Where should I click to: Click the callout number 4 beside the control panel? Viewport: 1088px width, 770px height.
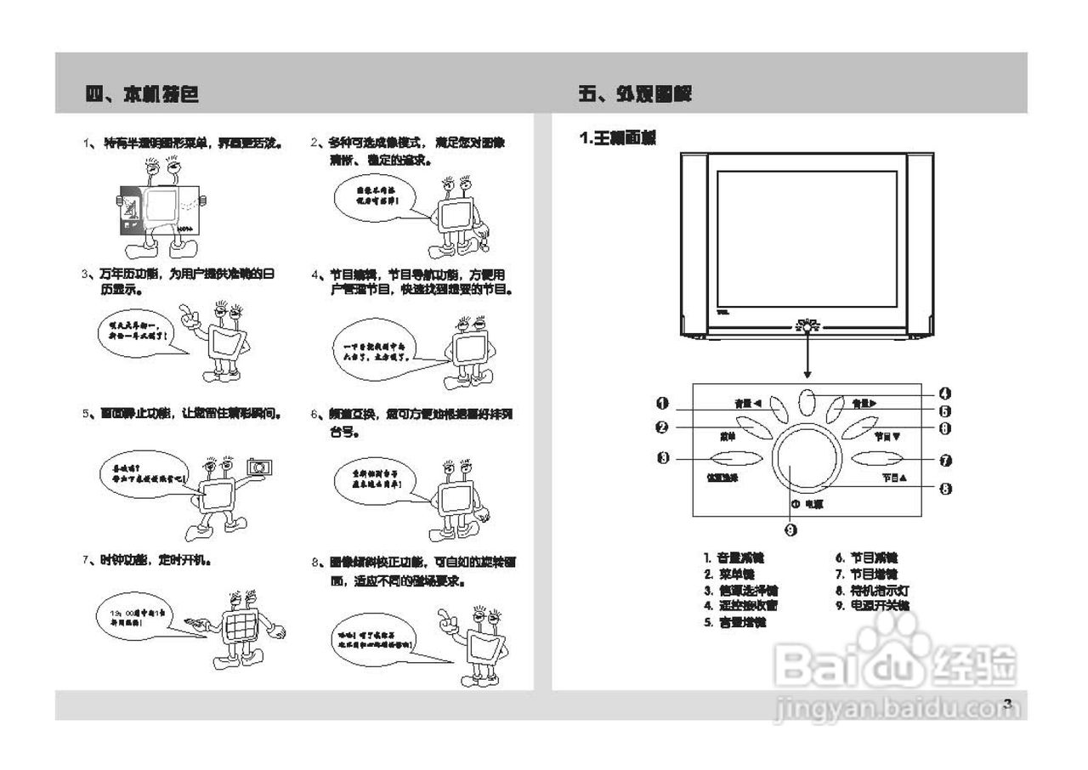(x=945, y=393)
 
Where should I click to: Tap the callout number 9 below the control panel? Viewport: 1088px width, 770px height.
(x=790, y=530)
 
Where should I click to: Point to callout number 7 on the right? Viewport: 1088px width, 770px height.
(x=945, y=460)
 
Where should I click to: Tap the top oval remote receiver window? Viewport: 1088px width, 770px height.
(x=808, y=402)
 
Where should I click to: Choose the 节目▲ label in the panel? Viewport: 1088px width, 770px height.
(x=894, y=478)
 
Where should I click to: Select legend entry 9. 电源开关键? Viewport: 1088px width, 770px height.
(x=872, y=606)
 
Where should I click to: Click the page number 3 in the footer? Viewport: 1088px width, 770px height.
(x=1007, y=703)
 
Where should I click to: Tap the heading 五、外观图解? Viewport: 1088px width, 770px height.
(x=634, y=94)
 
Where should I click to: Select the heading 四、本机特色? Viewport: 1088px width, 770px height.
(x=143, y=94)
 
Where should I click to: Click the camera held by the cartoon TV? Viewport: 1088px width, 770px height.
(x=259, y=467)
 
